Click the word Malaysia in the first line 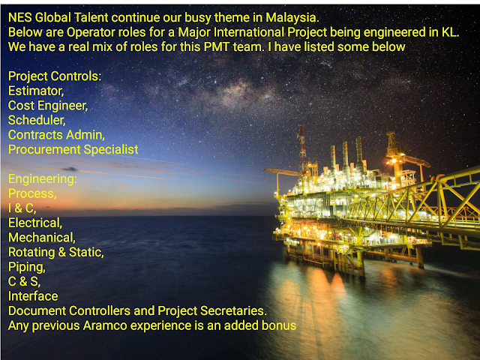pos(292,18)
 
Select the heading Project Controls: pos(55,76)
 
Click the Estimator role pos(36,91)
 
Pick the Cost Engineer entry pos(48,106)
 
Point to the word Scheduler pos(37,120)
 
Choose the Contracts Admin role pos(57,135)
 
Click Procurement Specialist pos(73,150)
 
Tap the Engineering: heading pos(43,179)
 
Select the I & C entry pos(22,208)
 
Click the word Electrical pos(35,223)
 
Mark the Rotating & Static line pos(56,252)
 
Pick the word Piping pos(27,267)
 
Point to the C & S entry pos(24,282)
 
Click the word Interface pos(33,296)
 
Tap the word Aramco pos(105,325)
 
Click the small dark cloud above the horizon pos(70,169)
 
